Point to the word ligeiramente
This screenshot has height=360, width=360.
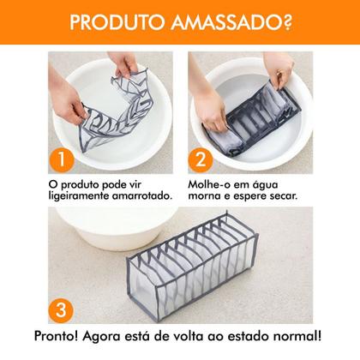[73, 195]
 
